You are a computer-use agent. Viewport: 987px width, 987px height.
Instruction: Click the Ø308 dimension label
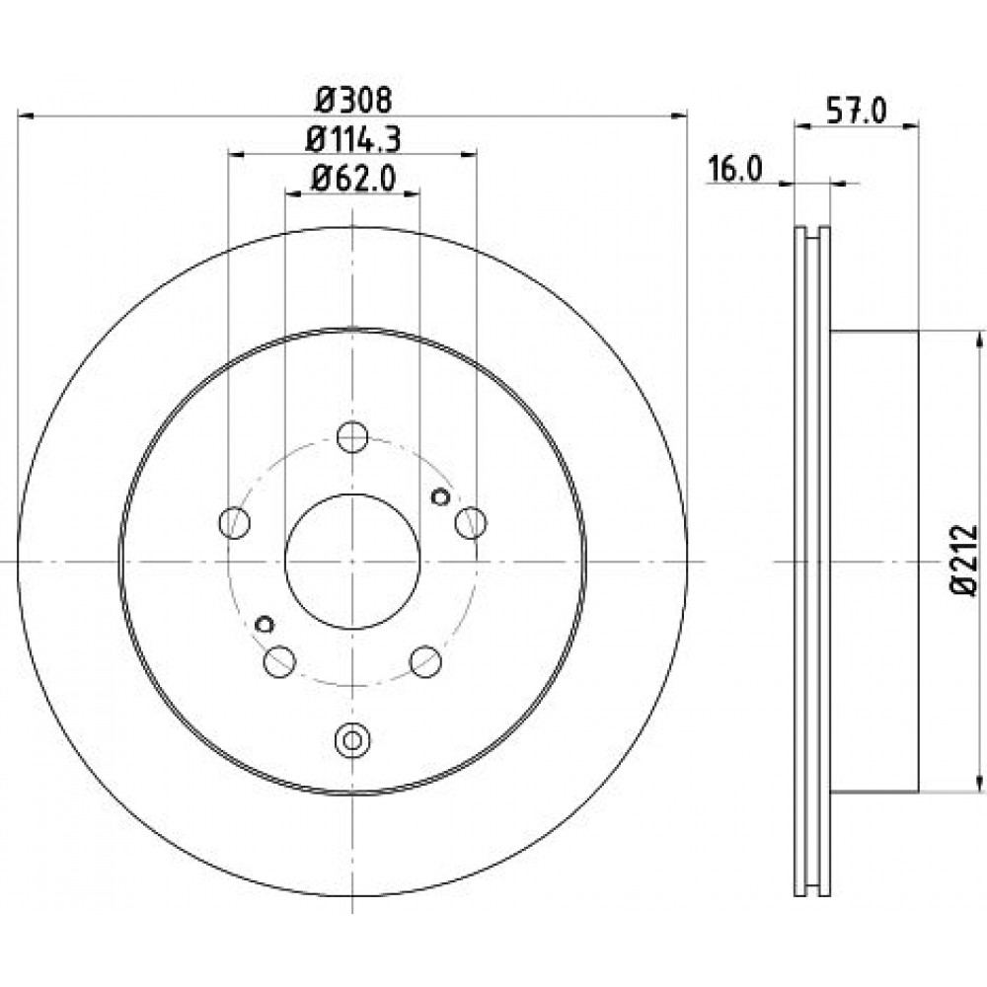(353, 100)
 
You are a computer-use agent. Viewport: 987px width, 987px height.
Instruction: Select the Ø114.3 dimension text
(353, 140)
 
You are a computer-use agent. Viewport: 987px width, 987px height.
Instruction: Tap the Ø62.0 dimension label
(353, 179)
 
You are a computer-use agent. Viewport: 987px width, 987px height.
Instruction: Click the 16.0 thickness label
(735, 169)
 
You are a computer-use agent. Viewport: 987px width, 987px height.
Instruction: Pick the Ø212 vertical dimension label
(962, 561)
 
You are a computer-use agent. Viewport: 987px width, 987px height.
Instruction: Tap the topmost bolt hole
(352, 437)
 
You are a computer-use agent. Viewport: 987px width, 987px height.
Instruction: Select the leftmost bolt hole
(234, 522)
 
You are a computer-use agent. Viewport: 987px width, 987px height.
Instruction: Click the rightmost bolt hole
(471, 522)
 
